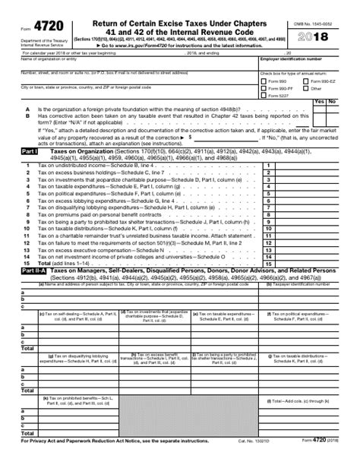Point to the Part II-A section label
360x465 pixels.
(x=32, y=270)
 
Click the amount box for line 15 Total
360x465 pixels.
(x=311, y=263)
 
